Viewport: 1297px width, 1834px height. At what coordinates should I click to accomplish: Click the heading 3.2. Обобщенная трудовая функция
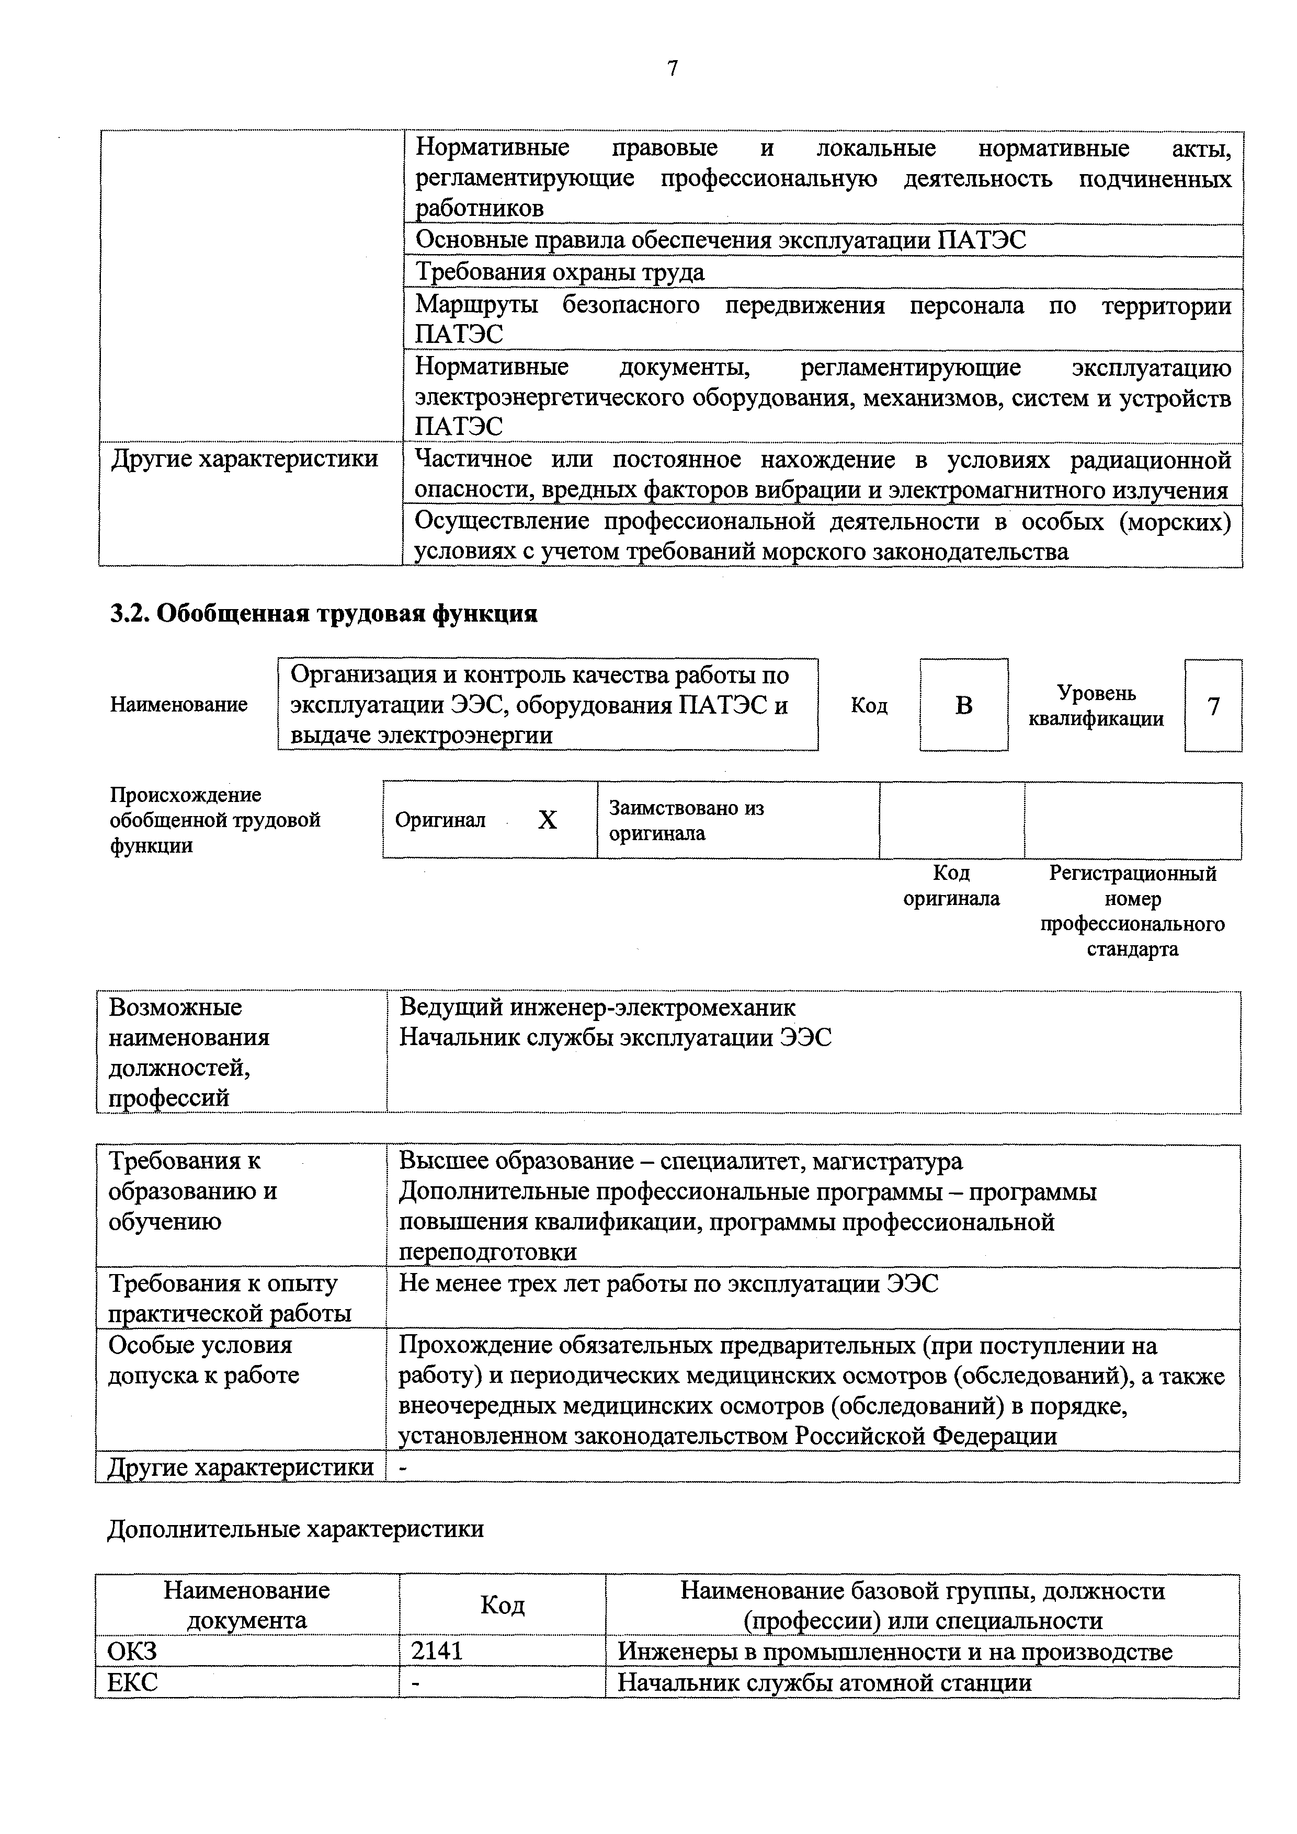point(323,613)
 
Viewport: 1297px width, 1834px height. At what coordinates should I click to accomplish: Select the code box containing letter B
point(964,705)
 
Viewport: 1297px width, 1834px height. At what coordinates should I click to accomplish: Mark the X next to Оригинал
point(548,820)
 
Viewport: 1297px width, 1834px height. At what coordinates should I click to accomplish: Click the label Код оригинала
point(951,886)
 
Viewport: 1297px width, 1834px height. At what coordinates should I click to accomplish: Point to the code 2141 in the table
point(437,1652)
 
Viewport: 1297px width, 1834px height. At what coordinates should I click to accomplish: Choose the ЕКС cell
point(133,1683)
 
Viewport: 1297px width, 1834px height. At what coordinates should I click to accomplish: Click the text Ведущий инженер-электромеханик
point(597,1007)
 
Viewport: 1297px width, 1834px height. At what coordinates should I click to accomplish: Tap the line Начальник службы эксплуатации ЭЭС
point(616,1038)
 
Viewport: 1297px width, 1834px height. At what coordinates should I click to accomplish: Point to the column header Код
point(502,1606)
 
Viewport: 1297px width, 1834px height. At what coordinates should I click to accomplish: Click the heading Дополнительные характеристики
point(295,1529)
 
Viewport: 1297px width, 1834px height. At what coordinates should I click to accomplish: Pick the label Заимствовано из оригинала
point(687,820)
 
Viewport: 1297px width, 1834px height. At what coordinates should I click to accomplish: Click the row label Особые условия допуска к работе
point(204,1359)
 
